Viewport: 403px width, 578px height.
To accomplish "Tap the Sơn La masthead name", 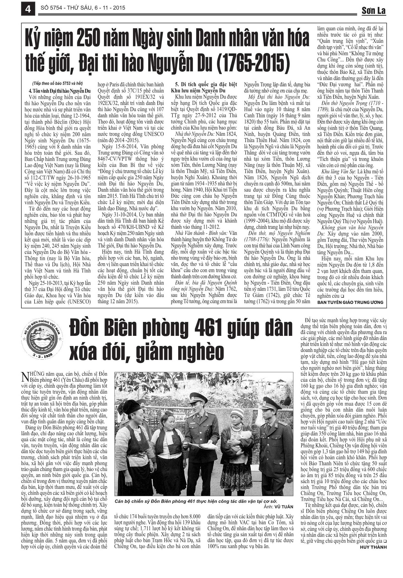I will [373, 11].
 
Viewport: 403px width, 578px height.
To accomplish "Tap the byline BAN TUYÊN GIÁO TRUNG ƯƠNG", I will [350, 302].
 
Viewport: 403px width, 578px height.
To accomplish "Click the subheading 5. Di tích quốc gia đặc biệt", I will [204, 84].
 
